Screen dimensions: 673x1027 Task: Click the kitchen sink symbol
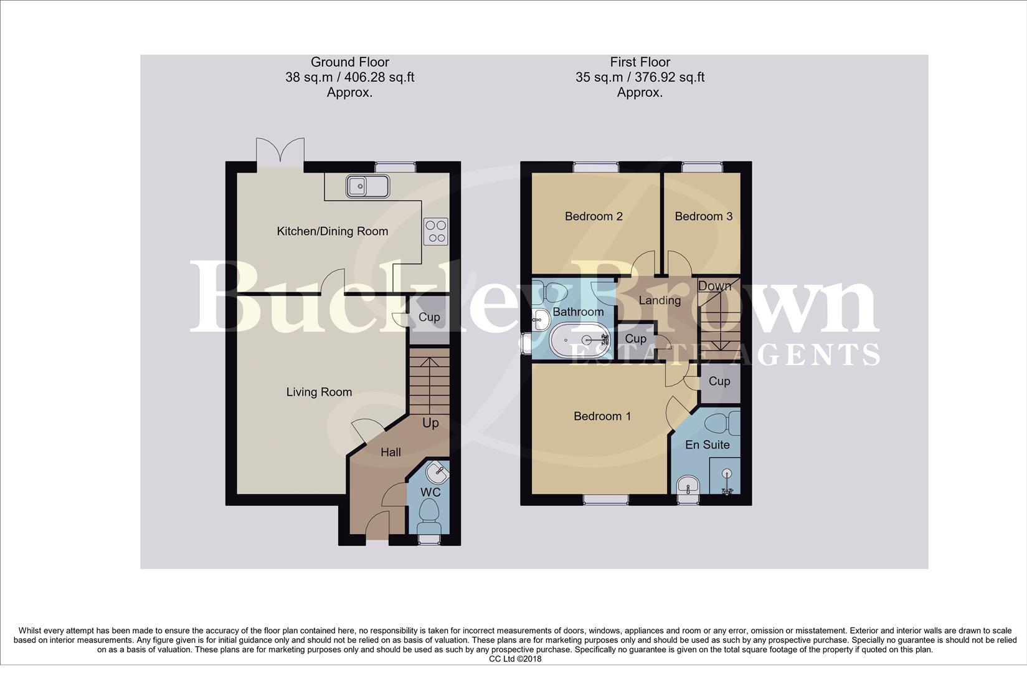(x=368, y=186)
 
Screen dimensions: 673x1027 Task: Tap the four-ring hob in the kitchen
(x=435, y=231)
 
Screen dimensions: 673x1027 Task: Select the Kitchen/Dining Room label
(x=332, y=231)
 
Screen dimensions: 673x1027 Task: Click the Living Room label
(x=319, y=392)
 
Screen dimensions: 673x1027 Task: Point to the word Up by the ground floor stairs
(x=430, y=423)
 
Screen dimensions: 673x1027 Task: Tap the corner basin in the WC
(x=438, y=472)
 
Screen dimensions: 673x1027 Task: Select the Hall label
(x=390, y=452)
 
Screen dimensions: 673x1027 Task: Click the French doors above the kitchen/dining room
(x=280, y=152)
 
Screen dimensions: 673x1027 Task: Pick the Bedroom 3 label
(x=703, y=216)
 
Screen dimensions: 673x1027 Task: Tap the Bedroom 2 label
(x=594, y=216)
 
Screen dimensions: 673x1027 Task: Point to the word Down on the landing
(x=714, y=286)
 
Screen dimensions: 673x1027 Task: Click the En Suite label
(x=707, y=445)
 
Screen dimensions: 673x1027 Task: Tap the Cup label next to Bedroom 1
(x=719, y=381)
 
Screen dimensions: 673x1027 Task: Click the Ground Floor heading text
(x=349, y=62)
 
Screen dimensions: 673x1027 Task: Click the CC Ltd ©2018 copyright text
(x=514, y=659)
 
